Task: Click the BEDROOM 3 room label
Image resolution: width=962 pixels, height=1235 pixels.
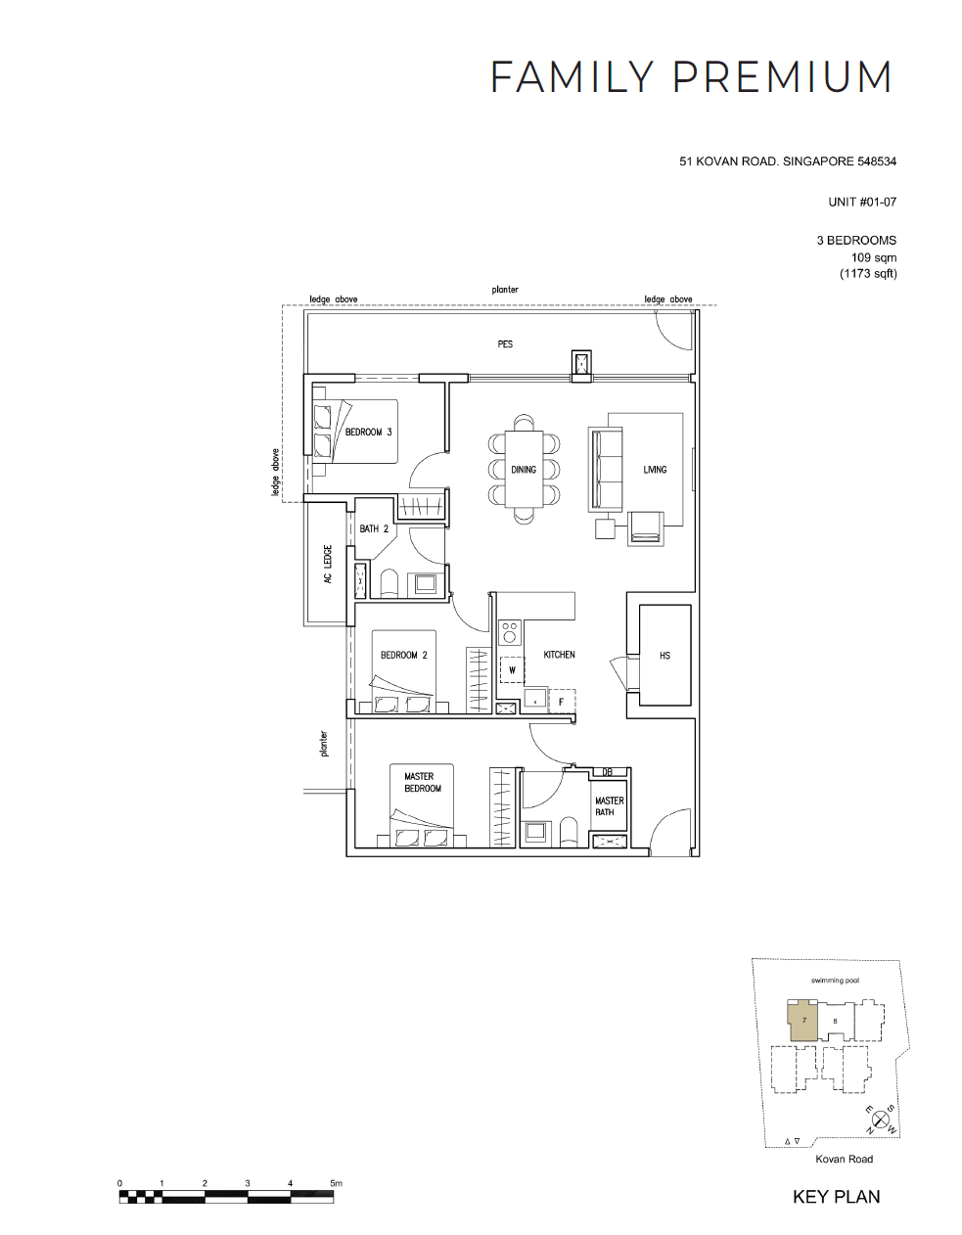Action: click(x=368, y=432)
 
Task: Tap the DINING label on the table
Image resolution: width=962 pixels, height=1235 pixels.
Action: click(x=524, y=470)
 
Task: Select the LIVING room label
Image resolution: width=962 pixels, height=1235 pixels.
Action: click(x=655, y=470)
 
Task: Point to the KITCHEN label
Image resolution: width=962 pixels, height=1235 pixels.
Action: click(x=559, y=655)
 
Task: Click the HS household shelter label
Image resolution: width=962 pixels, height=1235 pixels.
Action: click(x=664, y=656)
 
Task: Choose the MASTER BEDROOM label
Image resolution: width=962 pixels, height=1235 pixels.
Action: click(x=423, y=782)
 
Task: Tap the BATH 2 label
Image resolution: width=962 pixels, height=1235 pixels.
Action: click(x=374, y=528)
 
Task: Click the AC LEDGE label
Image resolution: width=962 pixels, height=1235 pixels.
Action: click(x=328, y=565)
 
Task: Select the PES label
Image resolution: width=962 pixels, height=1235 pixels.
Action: click(x=505, y=343)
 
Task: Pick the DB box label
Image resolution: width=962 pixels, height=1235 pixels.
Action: click(x=607, y=772)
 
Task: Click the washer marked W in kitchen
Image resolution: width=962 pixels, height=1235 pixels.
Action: click(x=512, y=670)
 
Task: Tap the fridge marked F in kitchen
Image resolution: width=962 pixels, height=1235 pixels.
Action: click(x=562, y=702)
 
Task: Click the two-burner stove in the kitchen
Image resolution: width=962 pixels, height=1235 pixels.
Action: click(x=510, y=632)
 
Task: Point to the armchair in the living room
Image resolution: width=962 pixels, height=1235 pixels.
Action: click(x=646, y=528)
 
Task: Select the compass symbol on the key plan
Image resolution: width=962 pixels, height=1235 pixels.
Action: click(x=880, y=1120)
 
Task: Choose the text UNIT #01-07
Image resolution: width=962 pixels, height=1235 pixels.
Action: click(x=862, y=202)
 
